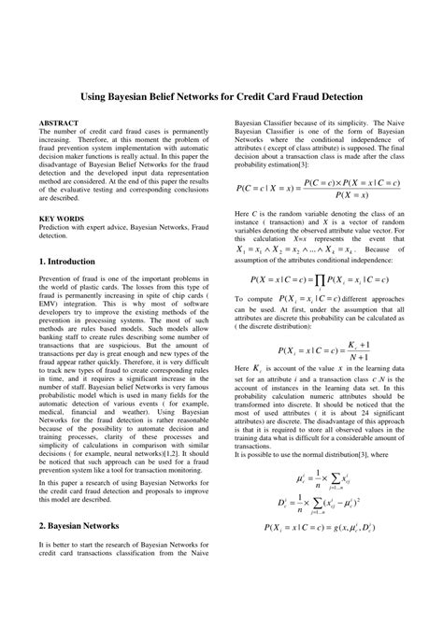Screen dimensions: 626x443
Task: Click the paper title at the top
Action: [x=221, y=97]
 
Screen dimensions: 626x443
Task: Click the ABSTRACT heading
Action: [x=60, y=122]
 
